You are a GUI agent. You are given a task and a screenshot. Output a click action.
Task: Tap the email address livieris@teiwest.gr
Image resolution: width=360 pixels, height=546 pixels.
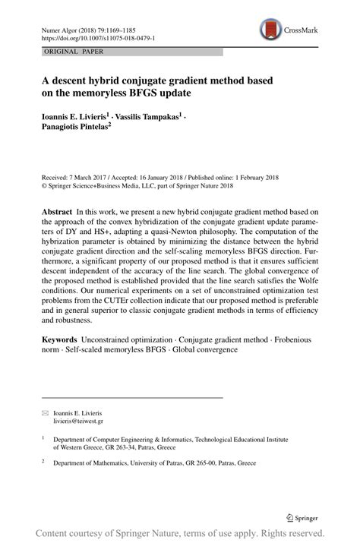[78, 420]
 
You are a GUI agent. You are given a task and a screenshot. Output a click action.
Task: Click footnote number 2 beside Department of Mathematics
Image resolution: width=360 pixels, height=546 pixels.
[43, 460]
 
